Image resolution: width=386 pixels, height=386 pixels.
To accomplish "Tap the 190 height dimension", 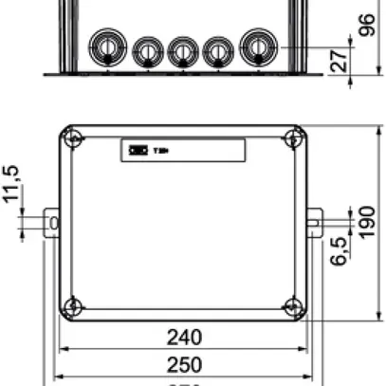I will (369, 224).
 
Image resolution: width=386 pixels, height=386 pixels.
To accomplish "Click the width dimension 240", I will (184, 337).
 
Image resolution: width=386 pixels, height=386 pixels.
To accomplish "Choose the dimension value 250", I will (184, 364).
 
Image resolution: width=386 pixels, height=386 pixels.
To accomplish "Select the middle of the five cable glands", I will (182, 50).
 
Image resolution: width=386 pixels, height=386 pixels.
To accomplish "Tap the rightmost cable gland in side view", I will (258, 47).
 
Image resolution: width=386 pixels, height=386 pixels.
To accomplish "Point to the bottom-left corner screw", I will (73, 306).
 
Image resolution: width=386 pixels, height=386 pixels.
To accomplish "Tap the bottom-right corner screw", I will (293, 306).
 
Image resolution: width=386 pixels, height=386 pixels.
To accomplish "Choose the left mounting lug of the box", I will (52, 223).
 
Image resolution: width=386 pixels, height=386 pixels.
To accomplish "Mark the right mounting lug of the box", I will (314, 223).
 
